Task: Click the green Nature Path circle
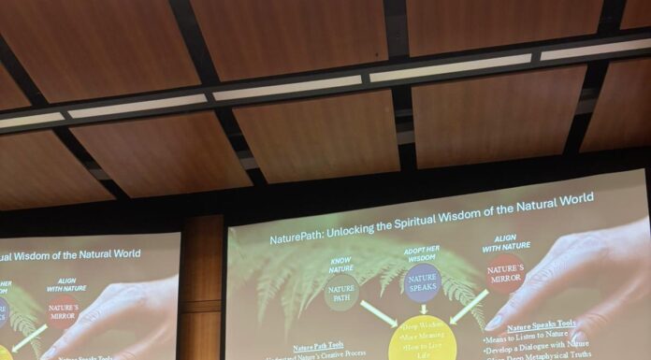coord(341,295)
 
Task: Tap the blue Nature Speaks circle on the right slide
coord(423,282)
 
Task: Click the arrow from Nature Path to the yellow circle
coord(378,313)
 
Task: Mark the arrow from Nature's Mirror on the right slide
coord(470,306)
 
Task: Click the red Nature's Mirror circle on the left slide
coord(64,312)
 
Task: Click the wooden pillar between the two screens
coord(202,290)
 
